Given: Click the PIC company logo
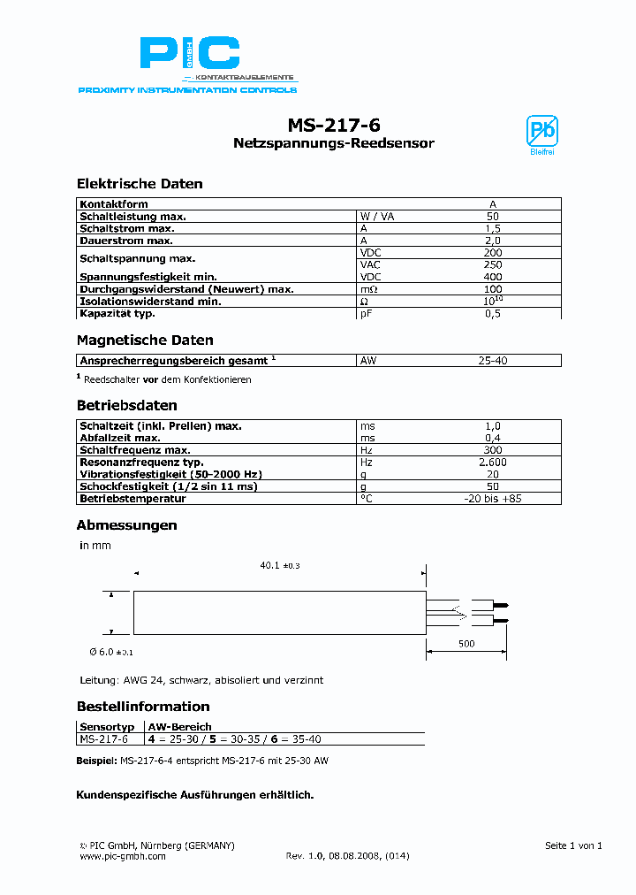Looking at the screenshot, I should (189, 56).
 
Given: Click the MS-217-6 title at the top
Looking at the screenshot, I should (334, 125).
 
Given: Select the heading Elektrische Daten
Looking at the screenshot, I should (140, 184).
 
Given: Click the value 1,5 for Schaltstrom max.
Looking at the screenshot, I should (493, 228).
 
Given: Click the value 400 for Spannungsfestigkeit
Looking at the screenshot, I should (493, 277).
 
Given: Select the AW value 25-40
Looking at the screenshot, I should (493, 361).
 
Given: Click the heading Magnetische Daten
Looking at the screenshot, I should (145, 340).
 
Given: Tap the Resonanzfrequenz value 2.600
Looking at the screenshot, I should (493, 463).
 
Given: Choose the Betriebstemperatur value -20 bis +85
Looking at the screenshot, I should (493, 499).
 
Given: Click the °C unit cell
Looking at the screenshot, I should (366, 499).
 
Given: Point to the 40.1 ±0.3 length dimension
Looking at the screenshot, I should (279, 566).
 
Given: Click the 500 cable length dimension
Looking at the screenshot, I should (466, 644).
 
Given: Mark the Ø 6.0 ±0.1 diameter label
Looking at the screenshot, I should (110, 652).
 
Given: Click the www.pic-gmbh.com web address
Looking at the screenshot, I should (123, 856).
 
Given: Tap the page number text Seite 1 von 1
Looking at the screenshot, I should (573, 845).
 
